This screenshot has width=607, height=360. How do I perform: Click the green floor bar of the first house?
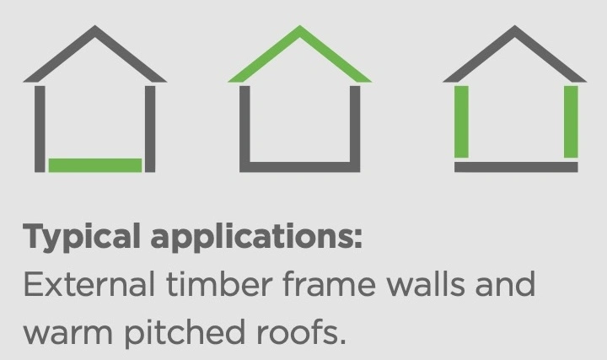tap(95, 165)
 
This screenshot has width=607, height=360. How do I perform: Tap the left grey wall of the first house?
tap(40, 129)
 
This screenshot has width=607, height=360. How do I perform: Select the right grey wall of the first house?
tap(150, 129)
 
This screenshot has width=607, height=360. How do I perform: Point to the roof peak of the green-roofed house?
tap(300, 26)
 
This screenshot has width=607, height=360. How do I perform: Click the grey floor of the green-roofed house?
tap(300, 167)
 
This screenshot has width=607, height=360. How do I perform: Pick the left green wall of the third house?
tap(461, 121)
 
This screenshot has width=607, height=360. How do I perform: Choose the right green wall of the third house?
tap(571, 121)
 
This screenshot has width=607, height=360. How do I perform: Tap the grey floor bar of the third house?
tap(516, 167)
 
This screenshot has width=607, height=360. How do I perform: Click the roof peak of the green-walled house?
tap(515, 26)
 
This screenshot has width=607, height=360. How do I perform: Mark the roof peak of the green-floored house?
tap(95, 26)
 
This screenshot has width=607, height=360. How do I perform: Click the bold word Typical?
tap(82, 237)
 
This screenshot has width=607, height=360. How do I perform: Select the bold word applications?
tap(253, 236)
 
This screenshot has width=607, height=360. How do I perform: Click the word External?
tap(89, 284)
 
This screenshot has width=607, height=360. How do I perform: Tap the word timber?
tap(219, 283)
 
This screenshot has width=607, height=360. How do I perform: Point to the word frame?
tap(329, 283)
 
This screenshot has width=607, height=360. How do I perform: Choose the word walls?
tap(426, 283)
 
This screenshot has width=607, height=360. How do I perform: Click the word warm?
tap(68, 333)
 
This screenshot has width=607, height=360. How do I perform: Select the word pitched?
tap(185, 331)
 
